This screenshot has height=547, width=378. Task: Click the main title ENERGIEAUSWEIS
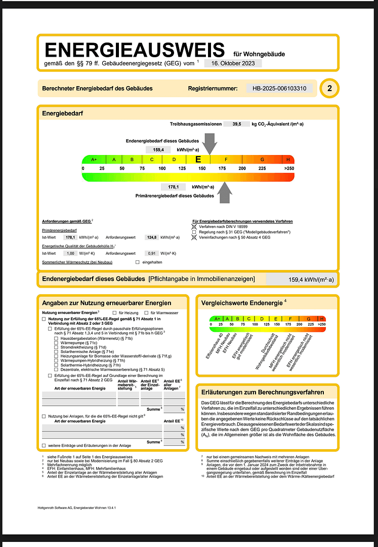(135, 50)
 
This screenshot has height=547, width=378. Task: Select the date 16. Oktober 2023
(233, 63)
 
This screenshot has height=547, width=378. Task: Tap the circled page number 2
(330, 89)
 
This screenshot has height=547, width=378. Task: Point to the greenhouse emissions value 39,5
(236, 124)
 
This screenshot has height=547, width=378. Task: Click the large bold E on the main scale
(198, 160)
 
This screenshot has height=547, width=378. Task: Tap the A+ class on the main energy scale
(94, 160)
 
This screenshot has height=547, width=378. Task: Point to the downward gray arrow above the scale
(209, 143)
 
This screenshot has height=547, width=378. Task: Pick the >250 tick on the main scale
(289, 168)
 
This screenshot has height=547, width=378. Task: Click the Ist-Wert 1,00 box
(70, 253)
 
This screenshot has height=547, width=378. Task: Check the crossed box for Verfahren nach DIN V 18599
(195, 226)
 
